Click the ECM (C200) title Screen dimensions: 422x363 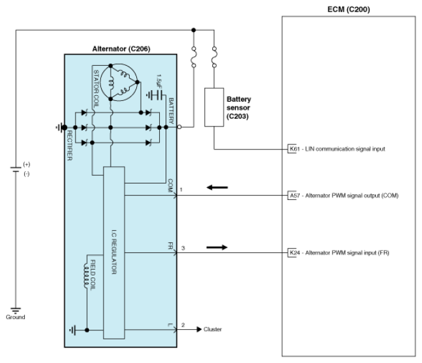click(x=348, y=10)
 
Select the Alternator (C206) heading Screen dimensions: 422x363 click(x=121, y=49)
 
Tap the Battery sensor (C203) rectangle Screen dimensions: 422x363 click(x=214, y=107)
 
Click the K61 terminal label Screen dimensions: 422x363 click(x=293, y=149)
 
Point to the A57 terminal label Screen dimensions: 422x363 click(x=293, y=196)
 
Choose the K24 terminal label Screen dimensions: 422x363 click(x=293, y=253)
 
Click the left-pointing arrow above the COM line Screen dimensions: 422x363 click(x=217, y=187)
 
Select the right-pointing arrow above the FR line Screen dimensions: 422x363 click(x=217, y=247)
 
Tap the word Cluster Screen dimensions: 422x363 click(x=213, y=329)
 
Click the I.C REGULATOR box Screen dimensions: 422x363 click(x=114, y=252)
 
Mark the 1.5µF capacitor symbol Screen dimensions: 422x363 click(x=156, y=95)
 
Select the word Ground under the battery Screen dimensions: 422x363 click(x=15, y=317)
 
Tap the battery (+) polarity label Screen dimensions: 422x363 click(x=27, y=164)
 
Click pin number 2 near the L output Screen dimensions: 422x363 click(x=183, y=325)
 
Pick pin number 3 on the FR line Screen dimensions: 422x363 click(x=183, y=248)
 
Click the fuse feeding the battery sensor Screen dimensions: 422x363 click(x=214, y=57)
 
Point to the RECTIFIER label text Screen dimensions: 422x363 click(x=70, y=146)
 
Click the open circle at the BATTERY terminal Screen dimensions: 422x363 click(x=179, y=127)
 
